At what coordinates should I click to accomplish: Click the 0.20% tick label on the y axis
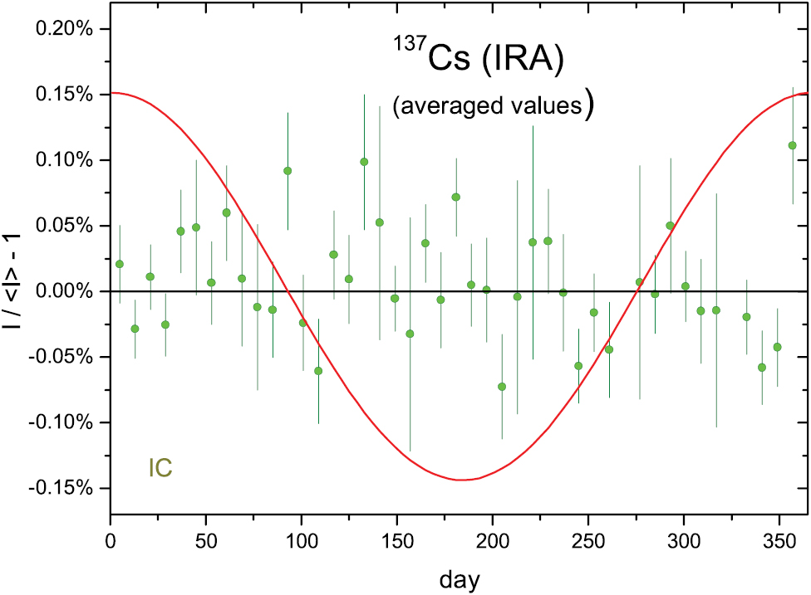pyautogui.click(x=65, y=29)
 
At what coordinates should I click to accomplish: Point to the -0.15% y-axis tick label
pyautogui.click(x=62, y=488)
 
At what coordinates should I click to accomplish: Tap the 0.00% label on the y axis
pyautogui.click(x=65, y=291)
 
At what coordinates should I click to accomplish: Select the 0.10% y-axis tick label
pyautogui.click(x=65, y=160)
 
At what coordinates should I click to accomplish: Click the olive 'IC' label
pyautogui.click(x=160, y=468)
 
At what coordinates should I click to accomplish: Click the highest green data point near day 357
pyautogui.click(x=793, y=145)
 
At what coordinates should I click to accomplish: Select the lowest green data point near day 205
pyautogui.click(x=502, y=387)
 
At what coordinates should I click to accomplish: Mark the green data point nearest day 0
pyautogui.click(x=120, y=264)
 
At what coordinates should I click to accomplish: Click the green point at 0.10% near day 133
pyautogui.click(x=364, y=162)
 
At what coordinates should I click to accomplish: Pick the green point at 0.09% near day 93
pyautogui.click(x=288, y=171)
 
